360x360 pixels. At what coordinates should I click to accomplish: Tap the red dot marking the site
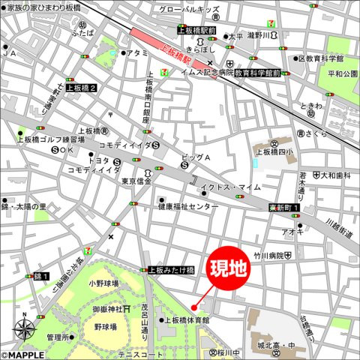194,307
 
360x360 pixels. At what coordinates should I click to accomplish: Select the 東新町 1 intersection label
284,208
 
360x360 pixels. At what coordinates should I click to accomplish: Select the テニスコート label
140,354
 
